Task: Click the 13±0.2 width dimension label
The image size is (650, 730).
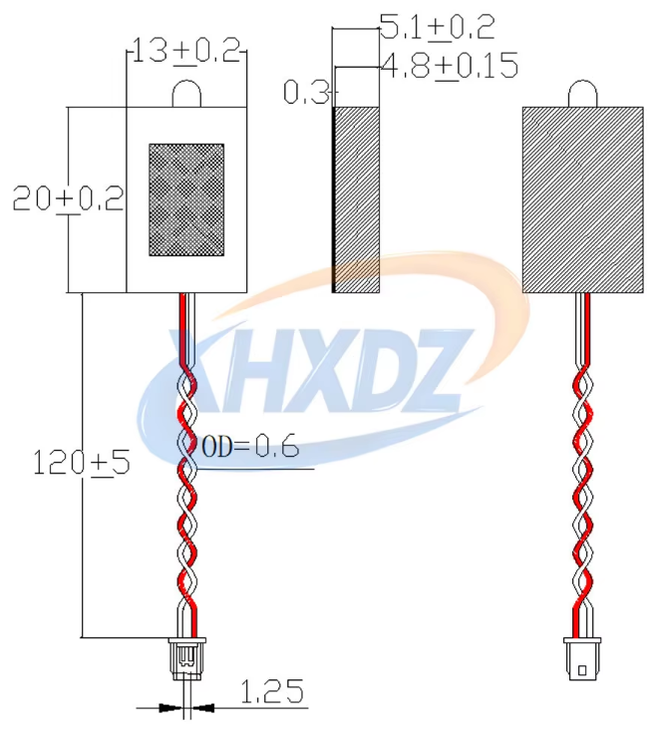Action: [186, 50]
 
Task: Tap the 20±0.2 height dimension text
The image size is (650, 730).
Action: [68, 198]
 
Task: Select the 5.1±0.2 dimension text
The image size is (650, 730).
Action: [438, 27]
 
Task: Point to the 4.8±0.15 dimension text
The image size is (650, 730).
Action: [450, 65]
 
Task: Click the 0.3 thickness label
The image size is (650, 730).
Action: [306, 92]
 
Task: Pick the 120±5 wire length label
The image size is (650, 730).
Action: [82, 463]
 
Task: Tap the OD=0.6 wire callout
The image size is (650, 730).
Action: [249, 448]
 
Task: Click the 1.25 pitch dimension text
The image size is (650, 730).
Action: [272, 691]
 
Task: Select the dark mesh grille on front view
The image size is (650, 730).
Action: [186, 199]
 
